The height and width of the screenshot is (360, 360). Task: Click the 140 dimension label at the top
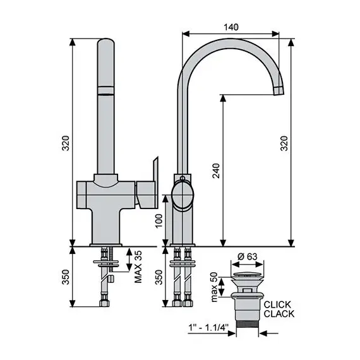coord(231,27)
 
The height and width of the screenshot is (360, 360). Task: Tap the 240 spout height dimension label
coord(216,171)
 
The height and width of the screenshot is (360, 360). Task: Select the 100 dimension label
coord(159,220)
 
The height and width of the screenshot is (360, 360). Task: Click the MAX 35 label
coord(138,267)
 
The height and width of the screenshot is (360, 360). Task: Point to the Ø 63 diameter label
coord(248,256)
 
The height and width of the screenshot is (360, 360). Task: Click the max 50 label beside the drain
coord(214,287)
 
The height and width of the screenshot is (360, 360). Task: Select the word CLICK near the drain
coord(277,304)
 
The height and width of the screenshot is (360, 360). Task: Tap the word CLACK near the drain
coord(279,314)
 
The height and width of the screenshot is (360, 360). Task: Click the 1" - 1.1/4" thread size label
coord(208,327)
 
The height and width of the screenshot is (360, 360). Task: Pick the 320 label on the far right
coord(284,143)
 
